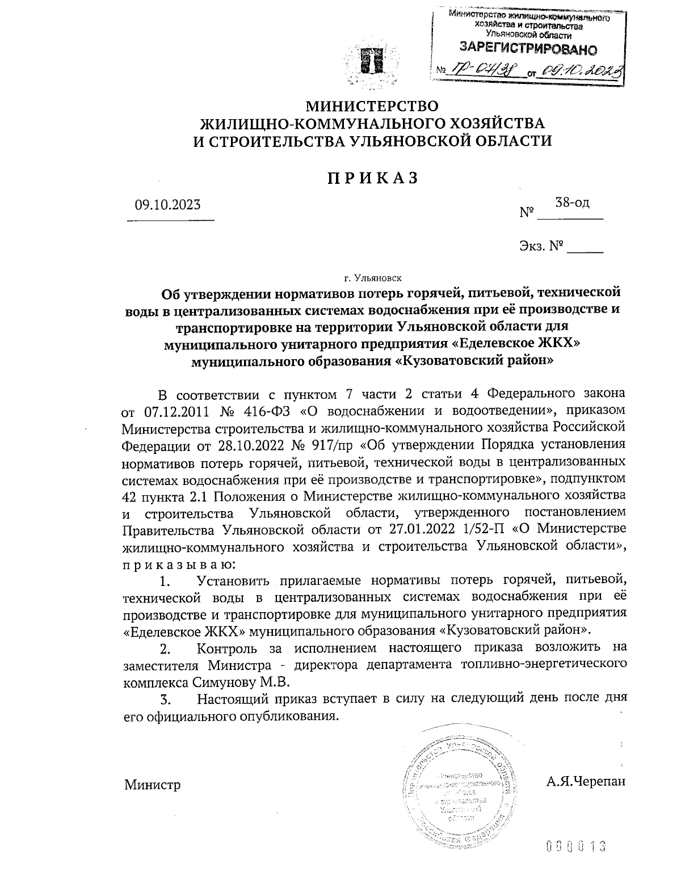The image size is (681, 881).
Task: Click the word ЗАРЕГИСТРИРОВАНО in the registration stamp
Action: pyautogui.click(x=528, y=49)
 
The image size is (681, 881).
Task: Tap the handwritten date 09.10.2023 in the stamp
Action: pyautogui.click(x=581, y=70)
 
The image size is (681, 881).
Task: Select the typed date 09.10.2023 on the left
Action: pyautogui.click(x=167, y=204)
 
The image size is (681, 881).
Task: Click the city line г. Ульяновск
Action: pyautogui.click(x=372, y=278)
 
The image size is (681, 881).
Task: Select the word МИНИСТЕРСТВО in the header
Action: pyautogui.click(x=372, y=106)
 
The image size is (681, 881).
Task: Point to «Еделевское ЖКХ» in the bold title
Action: pyautogui.click(x=517, y=344)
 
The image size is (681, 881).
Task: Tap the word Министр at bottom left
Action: pyautogui.click(x=152, y=785)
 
